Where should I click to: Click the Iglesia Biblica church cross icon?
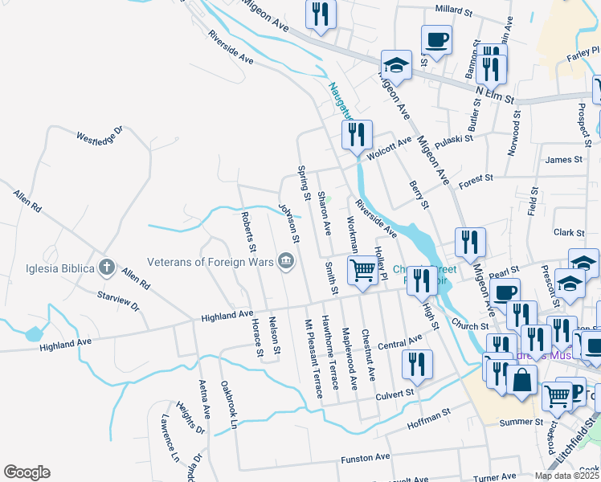tap(107, 266)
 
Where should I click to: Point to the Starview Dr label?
tap(118, 302)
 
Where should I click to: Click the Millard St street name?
tap(455, 10)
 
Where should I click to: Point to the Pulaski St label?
tap(455, 142)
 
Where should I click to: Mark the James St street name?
tap(563, 160)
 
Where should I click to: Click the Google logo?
tap(27, 472)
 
